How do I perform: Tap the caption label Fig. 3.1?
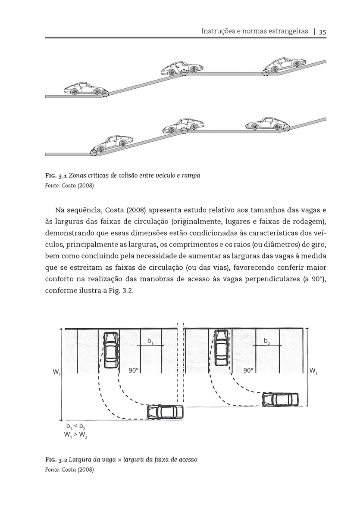click(56, 176)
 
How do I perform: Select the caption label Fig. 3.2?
click(56, 460)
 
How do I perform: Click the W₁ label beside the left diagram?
click(56, 371)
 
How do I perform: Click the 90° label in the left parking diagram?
click(133, 371)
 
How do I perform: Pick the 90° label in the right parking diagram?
click(248, 371)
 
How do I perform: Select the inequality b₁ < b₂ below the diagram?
click(75, 428)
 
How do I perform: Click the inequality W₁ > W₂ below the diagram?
click(75, 436)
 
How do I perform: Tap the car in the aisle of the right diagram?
click(280, 399)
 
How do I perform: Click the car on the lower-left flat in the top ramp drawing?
click(84, 88)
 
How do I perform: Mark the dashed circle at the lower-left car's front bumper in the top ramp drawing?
click(105, 93)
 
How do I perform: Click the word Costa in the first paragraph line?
click(116, 211)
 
